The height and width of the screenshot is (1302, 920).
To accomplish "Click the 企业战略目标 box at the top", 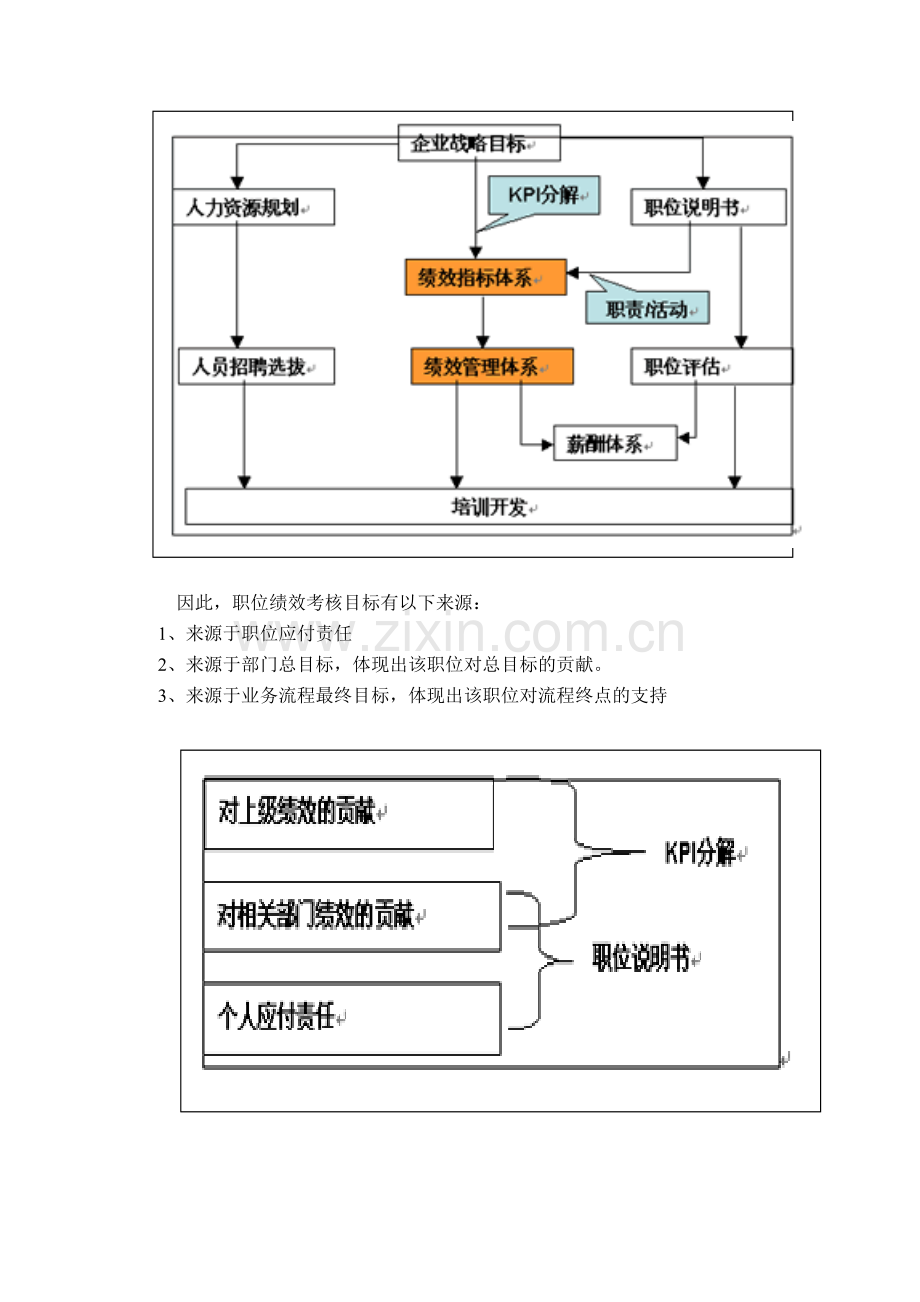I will [x=479, y=143].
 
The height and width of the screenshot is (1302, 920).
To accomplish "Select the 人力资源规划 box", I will [x=253, y=207].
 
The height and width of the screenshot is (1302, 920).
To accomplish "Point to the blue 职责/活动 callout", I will [x=647, y=309].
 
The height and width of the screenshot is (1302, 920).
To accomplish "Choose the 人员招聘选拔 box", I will [x=255, y=366].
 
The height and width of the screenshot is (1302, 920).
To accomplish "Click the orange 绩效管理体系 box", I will [x=492, y=366].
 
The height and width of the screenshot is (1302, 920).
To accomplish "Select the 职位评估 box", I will [x=711, y=366].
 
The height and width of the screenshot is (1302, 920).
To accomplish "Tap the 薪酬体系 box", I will [x=615, y=443].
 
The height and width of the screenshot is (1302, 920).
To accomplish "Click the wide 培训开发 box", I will [x=489, y=507].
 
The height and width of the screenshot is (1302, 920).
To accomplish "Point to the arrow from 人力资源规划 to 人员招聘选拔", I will [x=238, y=285].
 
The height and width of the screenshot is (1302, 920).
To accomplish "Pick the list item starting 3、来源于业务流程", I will [x=412, y=696].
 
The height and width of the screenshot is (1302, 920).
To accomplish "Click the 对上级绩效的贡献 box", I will [x=348, y=814].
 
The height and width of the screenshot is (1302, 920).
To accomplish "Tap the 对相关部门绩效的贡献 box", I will [x=351, y=915].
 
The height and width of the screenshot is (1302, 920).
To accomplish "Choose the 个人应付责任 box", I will [x=351, y=1019].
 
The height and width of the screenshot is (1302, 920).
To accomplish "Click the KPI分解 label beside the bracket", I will [x=700, y=853].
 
